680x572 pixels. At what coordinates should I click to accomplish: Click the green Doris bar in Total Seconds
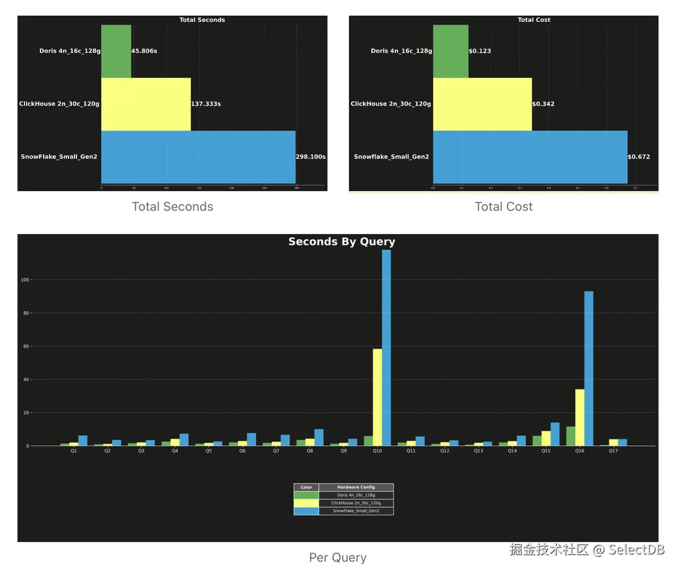(x=116, y=51)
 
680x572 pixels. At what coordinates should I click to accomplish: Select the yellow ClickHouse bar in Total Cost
(x=482, y=104)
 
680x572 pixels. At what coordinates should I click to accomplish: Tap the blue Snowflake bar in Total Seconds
(x=198, y=157)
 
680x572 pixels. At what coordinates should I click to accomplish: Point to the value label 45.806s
(x=144, y=51)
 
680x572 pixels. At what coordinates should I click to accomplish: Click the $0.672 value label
(x=639, y=157)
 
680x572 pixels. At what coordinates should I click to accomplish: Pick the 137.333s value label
(x=206, y=104)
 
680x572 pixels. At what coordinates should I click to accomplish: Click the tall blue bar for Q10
(x=386, y=345)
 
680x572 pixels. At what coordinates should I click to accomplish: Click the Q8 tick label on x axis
(x=310, y=451)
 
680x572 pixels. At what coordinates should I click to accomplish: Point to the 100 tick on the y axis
(x=25, y=280)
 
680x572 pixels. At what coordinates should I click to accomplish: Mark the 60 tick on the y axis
(x=26, y=346)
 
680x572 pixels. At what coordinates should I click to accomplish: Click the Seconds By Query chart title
(x=342, y=242)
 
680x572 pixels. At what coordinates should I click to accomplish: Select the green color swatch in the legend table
(x=306, y=495)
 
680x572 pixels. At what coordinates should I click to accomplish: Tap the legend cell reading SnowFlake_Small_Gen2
(x=356, y=511)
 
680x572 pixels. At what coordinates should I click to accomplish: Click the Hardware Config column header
(x=356, y=487)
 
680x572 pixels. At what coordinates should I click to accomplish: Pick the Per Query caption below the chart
(x=338, y=558)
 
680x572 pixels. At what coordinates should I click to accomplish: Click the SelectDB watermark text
(x=636, y=550)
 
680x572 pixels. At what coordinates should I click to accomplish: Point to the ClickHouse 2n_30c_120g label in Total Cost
(x=390, y=104)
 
